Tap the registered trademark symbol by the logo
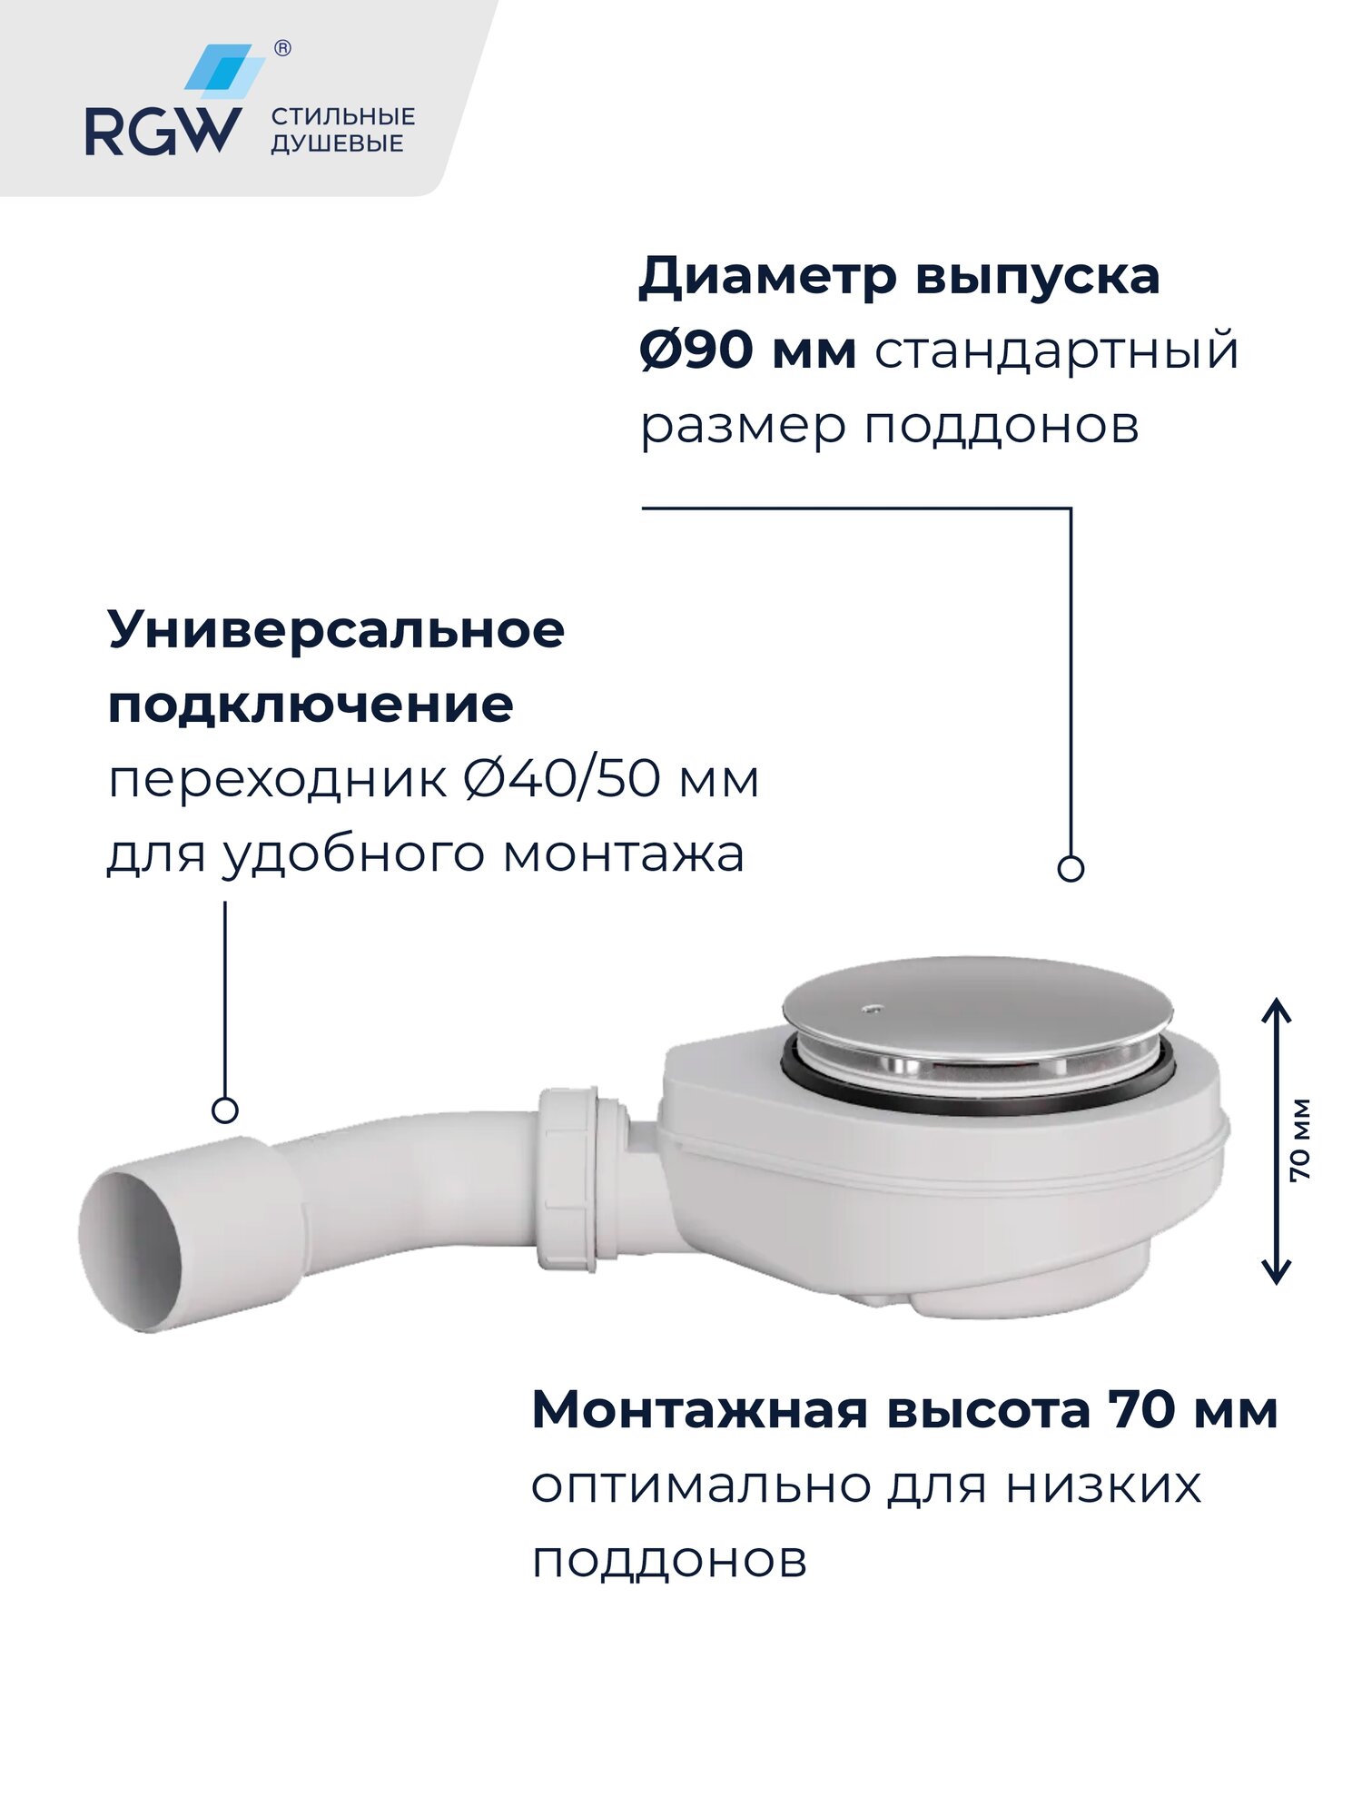[x=282, y=49]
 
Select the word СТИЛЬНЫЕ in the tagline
[x=343, y=116]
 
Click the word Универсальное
[x=336, y=629]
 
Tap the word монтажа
[x=624, y=854]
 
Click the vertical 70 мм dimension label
[x=1300, y=1140]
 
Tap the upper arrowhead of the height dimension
[x=1277, y=1008]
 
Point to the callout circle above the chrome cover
[x=1071, y=869]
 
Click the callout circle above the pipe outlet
[x=224, y=1110]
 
